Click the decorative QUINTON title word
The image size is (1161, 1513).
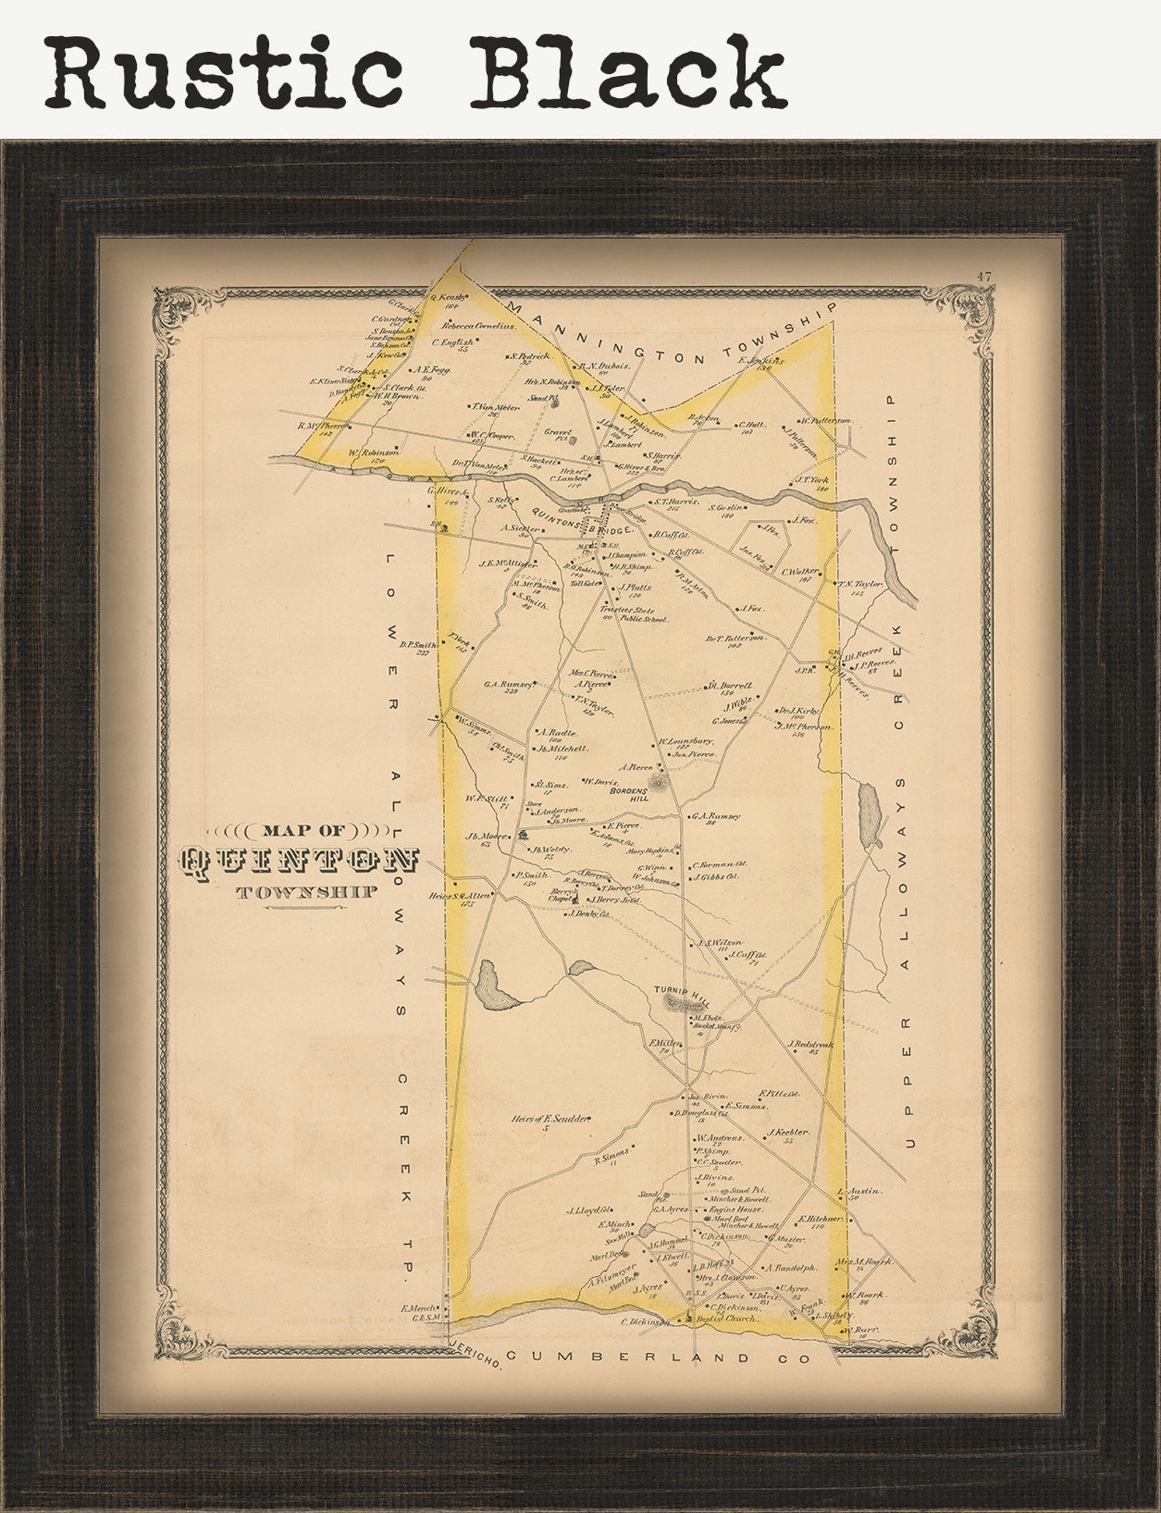(x=300, y=863)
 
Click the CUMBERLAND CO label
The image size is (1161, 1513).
(x=658, y=1358)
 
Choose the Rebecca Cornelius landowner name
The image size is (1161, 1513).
(x=478, y=325)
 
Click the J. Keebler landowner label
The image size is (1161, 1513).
(x=787, y=1133)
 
